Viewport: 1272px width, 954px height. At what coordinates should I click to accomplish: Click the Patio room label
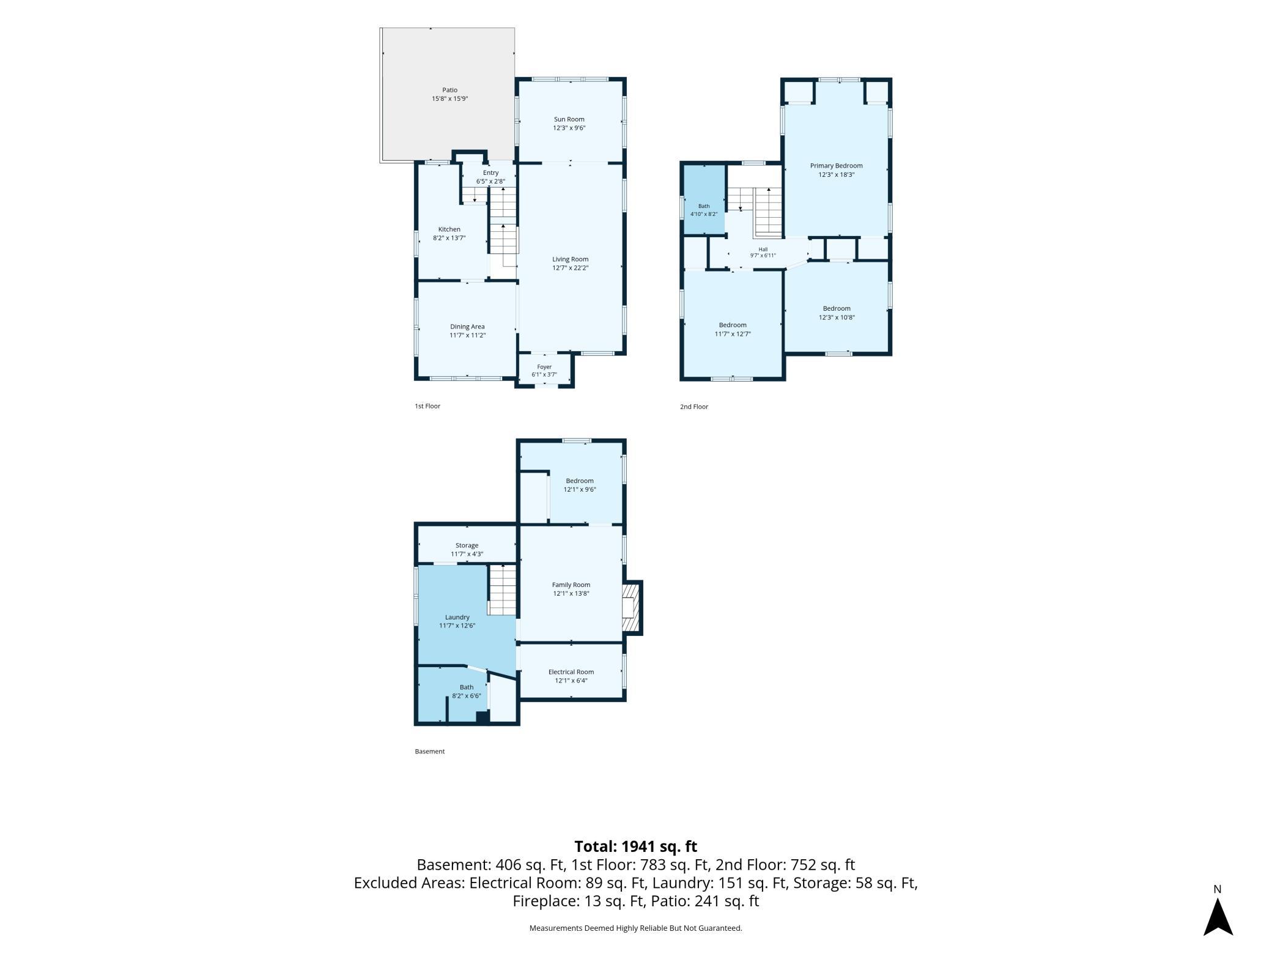pos(449,90)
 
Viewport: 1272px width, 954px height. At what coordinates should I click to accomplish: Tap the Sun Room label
pos(569,119)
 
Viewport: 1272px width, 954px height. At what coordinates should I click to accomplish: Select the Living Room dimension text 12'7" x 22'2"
pos(570,268)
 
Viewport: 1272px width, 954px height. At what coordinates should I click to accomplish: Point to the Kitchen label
pos(449,229)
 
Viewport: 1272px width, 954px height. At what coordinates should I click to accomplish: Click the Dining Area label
pos(467,327)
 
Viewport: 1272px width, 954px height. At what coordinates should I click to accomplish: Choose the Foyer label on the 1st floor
pos(544,367)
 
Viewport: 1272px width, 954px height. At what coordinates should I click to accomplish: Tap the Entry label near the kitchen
pos(490,173)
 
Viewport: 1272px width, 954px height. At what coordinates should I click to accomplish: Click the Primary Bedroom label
pos(837,166)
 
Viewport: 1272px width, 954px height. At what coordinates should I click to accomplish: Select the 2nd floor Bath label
pos(704,206)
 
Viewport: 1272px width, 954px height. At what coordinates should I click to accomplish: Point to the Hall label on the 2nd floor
pos(763,249)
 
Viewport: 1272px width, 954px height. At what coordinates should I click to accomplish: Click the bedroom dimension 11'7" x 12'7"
pos(733,334)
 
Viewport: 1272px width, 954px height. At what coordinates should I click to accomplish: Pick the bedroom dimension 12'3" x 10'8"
pos(837,317)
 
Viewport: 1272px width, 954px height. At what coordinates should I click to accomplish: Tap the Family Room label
pos(571,585)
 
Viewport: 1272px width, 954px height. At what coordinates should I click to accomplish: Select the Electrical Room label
pos(571,672)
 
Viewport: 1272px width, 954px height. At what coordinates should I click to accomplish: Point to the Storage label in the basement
pos(467,545)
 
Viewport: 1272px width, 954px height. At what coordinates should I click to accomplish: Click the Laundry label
pos(457,617)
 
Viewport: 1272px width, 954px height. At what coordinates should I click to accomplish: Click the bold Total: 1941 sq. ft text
pos(636,846)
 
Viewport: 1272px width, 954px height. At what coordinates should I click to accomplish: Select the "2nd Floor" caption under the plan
pos(694,407)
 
